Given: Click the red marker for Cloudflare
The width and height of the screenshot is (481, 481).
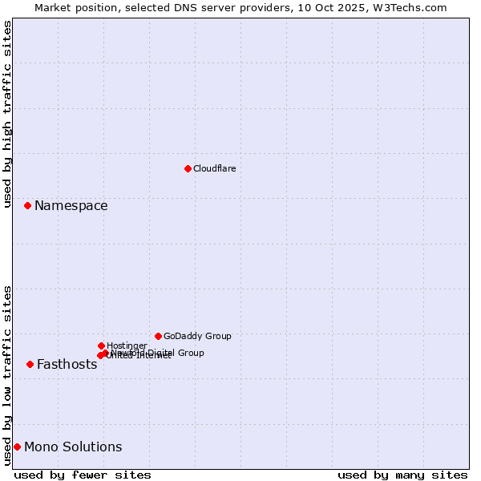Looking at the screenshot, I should coord(188,168).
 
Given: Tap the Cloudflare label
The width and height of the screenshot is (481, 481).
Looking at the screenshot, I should coord(215,168).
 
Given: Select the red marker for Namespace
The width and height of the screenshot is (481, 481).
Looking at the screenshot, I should coord(27,206).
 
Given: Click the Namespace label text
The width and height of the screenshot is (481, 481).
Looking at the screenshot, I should coord(71,206).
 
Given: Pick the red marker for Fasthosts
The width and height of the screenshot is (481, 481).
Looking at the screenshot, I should coord(30,365).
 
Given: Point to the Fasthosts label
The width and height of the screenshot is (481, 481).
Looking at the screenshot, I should coord(67,365).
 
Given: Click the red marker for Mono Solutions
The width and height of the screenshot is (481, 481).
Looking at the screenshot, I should coord(17,447).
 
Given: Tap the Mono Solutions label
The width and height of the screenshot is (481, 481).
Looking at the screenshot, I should coord(73,447).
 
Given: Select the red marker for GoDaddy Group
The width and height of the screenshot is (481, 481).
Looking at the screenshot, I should coord(158,336).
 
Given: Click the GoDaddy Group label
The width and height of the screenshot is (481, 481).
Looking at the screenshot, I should coord(197,337).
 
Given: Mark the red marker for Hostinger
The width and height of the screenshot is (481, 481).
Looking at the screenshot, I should coord(101,346).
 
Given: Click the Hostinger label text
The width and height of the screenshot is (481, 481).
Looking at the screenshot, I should coord(127,346).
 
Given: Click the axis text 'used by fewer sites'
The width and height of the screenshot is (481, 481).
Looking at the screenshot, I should coord(83,475).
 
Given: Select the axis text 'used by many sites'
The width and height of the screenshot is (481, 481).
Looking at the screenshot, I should coord(402,475).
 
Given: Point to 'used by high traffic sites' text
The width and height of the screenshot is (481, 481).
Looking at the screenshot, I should coord(8,114).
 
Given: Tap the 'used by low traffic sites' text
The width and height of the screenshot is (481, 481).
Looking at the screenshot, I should coord(8,375).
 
